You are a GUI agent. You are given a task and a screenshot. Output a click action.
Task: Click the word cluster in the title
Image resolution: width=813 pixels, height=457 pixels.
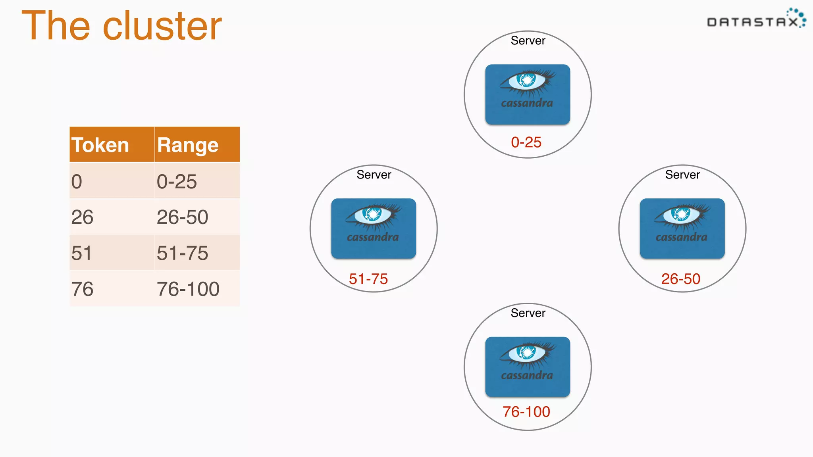162,26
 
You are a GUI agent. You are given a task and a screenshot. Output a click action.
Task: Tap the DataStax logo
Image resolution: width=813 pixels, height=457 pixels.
756,20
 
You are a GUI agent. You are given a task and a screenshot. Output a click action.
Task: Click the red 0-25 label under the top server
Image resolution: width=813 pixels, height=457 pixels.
526,142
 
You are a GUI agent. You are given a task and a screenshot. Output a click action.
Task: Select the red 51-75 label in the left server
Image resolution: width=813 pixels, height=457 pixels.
368,278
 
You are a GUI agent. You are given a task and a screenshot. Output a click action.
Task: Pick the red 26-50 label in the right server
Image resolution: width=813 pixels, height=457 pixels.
680,278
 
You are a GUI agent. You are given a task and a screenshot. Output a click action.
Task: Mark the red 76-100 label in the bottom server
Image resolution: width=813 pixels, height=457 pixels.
526,411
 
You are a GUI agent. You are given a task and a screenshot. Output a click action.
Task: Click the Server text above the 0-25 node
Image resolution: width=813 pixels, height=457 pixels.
528,40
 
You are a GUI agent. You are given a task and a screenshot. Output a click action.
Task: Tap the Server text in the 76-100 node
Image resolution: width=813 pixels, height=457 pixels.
528,313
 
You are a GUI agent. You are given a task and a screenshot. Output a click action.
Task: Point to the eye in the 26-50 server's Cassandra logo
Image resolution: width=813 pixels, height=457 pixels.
681,214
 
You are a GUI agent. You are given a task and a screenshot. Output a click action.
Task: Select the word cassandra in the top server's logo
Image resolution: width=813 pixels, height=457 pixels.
527,103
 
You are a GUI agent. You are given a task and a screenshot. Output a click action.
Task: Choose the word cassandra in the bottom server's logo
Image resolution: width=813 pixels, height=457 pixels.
527,375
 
